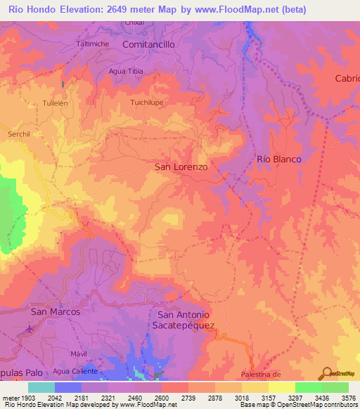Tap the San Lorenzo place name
tap(181, 167)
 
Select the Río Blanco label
tap(279, 160)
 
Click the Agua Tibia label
tap(125, 71)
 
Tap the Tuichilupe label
tap(147, 103)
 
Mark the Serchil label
tap(19, 134)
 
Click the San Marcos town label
tap(56, 311)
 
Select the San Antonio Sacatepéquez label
tap(183, 320)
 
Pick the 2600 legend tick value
tap(161, 398)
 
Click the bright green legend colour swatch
tap(308, 387)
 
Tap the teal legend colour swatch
tap(41, 387)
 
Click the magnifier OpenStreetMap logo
tap(326, 373)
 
